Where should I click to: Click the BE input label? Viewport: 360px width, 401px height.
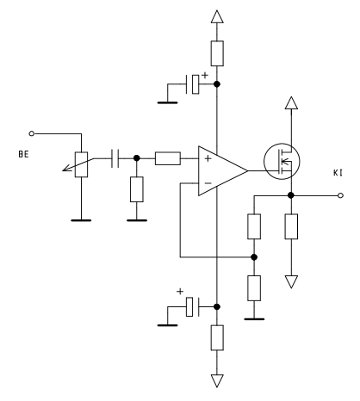23,154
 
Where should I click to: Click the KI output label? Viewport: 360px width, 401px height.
338,173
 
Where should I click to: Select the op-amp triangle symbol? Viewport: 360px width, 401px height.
223,171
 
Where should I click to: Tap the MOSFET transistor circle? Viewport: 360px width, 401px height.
282,161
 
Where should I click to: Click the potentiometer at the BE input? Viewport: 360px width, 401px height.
81,164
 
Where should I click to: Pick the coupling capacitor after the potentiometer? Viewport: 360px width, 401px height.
115,158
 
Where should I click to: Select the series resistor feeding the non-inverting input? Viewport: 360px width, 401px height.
168,158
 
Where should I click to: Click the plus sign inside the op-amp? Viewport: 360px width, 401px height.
208,158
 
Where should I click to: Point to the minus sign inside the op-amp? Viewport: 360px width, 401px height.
208,183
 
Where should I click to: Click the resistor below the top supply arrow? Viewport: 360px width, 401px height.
217,53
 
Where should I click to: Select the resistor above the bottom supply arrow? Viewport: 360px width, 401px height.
217,337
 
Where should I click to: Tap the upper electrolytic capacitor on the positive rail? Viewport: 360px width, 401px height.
193,84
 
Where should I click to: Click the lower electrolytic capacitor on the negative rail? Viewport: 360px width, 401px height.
193,306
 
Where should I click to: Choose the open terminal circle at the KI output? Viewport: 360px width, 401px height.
340,195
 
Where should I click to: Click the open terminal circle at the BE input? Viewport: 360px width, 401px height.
32,133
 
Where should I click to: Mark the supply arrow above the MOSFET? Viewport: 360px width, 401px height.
291,102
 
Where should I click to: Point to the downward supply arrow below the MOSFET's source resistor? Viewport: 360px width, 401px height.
291,281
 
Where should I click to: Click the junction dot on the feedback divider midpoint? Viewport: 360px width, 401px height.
254,257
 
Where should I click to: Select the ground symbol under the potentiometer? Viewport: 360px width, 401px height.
81,220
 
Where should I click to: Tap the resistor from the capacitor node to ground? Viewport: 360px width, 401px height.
137,189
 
